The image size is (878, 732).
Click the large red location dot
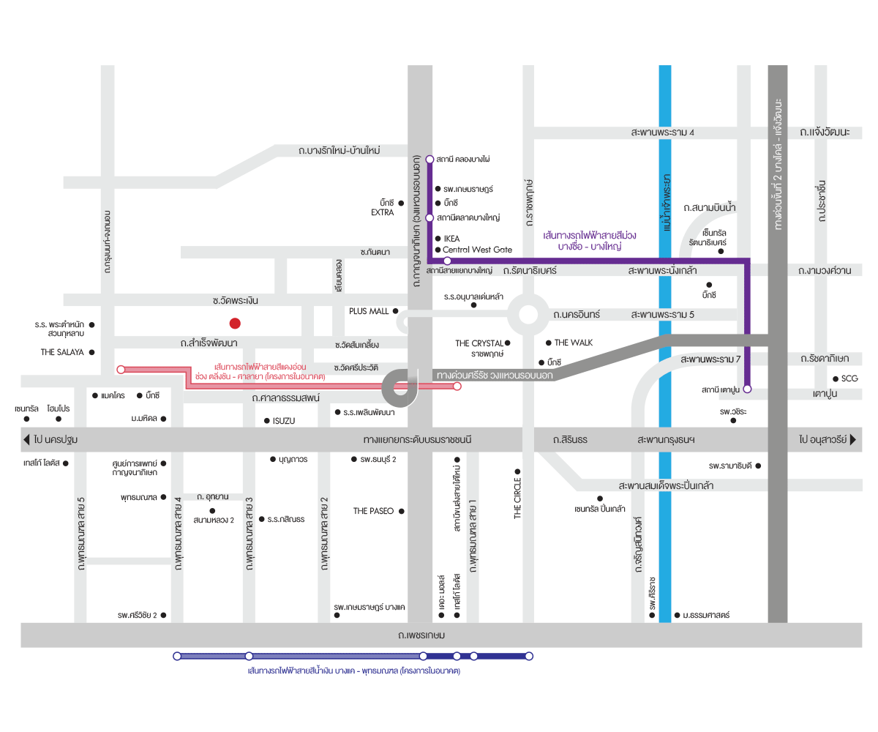click(x=235, y=323)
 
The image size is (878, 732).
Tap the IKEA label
click(x=451, y=239)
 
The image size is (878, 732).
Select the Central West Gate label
click(x=477, y=250)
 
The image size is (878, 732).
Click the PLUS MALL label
click(x=368, y=311)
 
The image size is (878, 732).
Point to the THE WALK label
click(x=573, y=343)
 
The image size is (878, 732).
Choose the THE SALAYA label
click(x=61, y=352)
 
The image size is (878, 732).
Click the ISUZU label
click(x=283, y=421)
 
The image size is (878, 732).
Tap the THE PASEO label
click(x=373, y=511)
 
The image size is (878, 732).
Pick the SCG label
click(x=849, y=378)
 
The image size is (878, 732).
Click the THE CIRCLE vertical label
click(x=517, y=498)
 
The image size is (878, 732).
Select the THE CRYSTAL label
click(x=479, y=343)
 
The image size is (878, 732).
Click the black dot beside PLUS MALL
click(x=395, y=311)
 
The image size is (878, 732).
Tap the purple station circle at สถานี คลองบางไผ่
click(x=429, y=159)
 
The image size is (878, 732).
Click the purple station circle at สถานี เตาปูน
click(x=747, y=389)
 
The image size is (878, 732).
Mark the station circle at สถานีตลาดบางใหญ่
click(x=429, y=217)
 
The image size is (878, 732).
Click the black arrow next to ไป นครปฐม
click(x=26, y=439)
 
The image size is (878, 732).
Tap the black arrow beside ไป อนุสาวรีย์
click(x=852, y=439)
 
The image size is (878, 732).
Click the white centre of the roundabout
click(x=528, y=314)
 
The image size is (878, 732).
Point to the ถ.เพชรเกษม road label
click(x=421, y=635)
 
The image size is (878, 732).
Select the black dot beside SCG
click(x=835, y=378)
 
